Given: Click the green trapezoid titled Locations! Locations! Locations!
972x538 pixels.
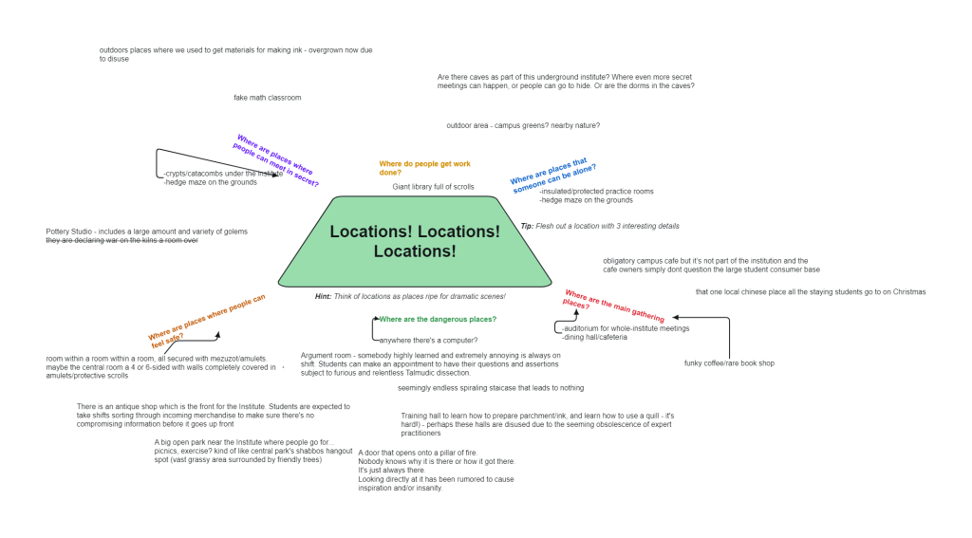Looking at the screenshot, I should click(x=415, y=241).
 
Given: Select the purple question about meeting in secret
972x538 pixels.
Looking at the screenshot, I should click(x=276, y=160).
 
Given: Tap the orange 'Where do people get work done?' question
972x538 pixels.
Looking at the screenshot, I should click(x=424, y=168).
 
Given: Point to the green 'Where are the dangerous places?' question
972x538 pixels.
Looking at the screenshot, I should click(x=437, y=320).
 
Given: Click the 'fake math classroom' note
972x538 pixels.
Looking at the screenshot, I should click(x=268, y=98).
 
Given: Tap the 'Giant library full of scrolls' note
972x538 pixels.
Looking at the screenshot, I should click(x=433, y=187).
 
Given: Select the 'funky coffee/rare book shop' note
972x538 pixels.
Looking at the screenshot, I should click(x=729, y=363).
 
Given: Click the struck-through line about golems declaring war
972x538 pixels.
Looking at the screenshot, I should click(x=121, y=241).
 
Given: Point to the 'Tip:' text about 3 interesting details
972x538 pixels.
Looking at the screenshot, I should click(x=600, y=227).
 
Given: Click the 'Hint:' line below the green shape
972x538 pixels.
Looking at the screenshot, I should click(x=410, y=297).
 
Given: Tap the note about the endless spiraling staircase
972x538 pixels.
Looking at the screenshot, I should click(x=491, y=388).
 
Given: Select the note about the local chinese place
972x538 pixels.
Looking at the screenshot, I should click(x=810, y=292).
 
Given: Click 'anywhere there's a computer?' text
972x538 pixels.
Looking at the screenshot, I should click(x=428, y=340).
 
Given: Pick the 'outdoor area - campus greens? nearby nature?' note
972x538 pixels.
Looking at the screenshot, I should click(x=523, y=125).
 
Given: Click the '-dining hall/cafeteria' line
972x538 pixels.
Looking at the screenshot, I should click(x=594, y=337).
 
